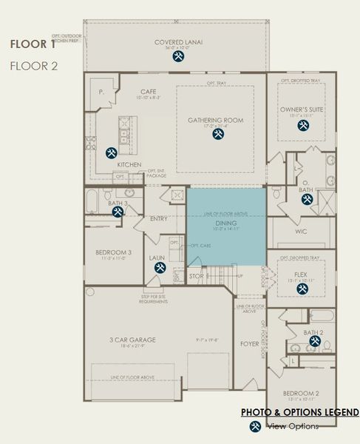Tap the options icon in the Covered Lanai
pyautogui.click(x=178, y=55)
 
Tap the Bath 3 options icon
pyautogui.click(x=118, y=212)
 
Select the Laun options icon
pyautogui.click(x=157, y=268)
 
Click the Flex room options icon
pyautogui.click(x=302, y=289)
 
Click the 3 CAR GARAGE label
pyautogui.click(x=134, y=340)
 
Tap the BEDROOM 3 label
pyautogui.click(x=113, y=252)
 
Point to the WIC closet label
pyautogui.click(x=300, y=232)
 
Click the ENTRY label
pyautogui.click(x=159, y=219)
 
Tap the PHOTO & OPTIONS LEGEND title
pyautogui.click(x=299, y=412)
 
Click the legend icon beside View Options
pyautogui.click(x=254, y=426)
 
